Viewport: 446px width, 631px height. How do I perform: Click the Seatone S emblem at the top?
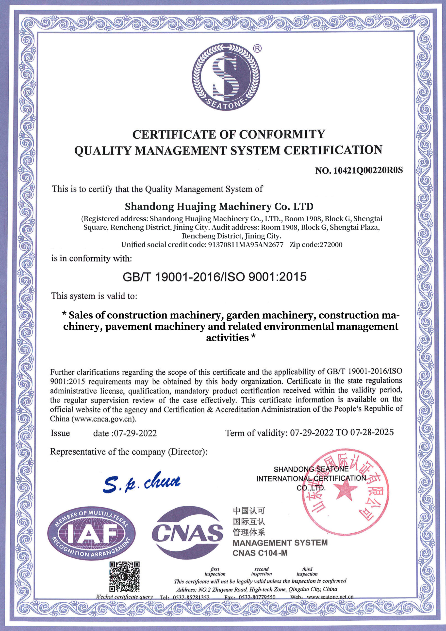click(x=226, y=77)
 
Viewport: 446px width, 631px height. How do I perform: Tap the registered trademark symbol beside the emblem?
click(x=258, y=49)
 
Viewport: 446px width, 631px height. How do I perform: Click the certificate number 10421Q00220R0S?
click(x=368, y=170)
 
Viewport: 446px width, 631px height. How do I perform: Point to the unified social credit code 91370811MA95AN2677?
click(x=246, y=245)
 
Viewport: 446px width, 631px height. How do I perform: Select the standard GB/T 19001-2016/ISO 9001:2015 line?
click(x=215, y=277)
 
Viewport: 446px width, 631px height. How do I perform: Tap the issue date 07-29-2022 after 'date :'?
click(x=135, y=433)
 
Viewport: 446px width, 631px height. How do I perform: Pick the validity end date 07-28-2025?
click(x=372, y=432)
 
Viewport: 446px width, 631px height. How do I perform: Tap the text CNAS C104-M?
click(x=260, y=553)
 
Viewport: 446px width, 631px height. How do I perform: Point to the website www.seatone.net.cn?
click(x=330, y=597)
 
